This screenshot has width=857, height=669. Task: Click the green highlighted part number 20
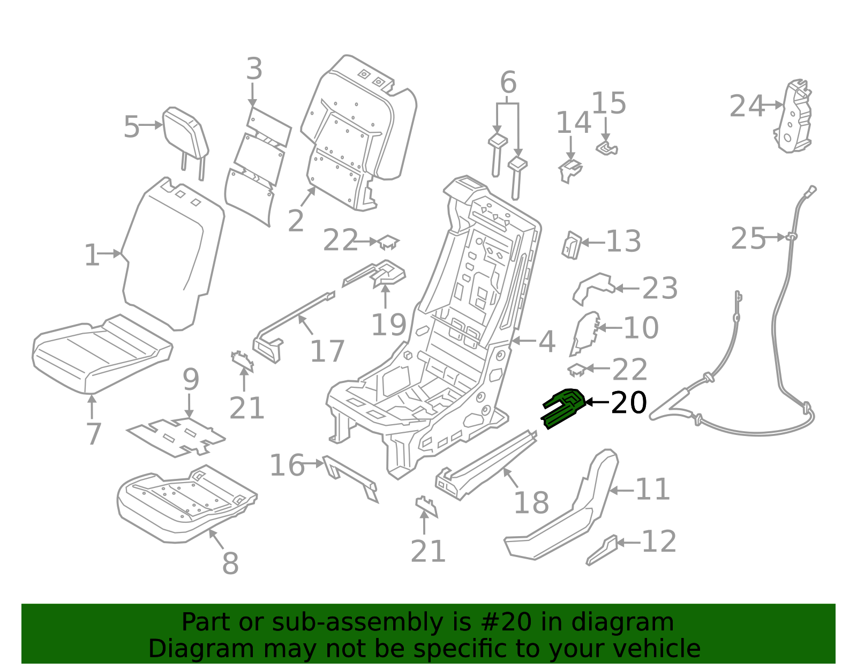[x=563, y=409]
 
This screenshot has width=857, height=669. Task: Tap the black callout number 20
[x=629, y=402]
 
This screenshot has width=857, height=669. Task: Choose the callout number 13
[x=623, y=241]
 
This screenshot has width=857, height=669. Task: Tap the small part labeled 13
[x=571, y=245]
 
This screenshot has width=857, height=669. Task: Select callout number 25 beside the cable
[x=748, y=238]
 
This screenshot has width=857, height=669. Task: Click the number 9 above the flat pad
[x=191, y=379]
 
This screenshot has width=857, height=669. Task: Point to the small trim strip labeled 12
[x=602, y=550]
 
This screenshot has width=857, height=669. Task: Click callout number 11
[x=653, y=489]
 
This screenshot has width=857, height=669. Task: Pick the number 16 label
[x=287, y=465]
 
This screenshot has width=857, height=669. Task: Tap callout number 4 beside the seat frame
[x=547, y=341]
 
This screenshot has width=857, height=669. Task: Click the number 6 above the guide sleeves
[x=508, y=82]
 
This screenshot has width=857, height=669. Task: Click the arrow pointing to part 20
[x=598, y=402]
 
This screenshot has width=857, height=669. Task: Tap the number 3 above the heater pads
[x=254, y=69]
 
